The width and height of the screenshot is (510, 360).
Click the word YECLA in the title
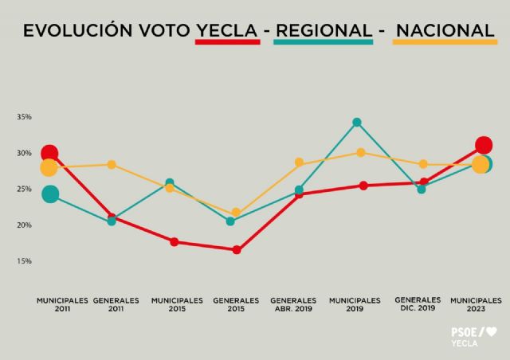click(227, 30)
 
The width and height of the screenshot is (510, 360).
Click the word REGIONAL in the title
click(323, 30)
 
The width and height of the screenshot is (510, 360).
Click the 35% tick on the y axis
click(24, 117)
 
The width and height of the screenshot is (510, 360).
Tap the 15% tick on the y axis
click(24, 261)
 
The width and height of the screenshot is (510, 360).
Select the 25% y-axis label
click(24, 189)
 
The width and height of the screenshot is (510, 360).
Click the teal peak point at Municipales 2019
click(357, 123)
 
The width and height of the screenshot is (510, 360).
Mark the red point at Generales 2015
click(237, 250)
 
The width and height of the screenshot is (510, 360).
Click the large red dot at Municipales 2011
click(49, 153)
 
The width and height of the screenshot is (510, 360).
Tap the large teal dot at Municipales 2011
click(50, 194)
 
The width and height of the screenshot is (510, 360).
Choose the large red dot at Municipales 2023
click(483, 145)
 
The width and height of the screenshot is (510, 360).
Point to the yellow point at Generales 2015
click(236, 213)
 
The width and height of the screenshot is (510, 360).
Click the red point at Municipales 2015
click(174, 242)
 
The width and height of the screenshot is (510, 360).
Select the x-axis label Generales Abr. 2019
click(294, 304)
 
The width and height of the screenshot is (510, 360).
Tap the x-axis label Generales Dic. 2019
click(418, 303)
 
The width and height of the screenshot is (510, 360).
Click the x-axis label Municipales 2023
click(476, 304)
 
